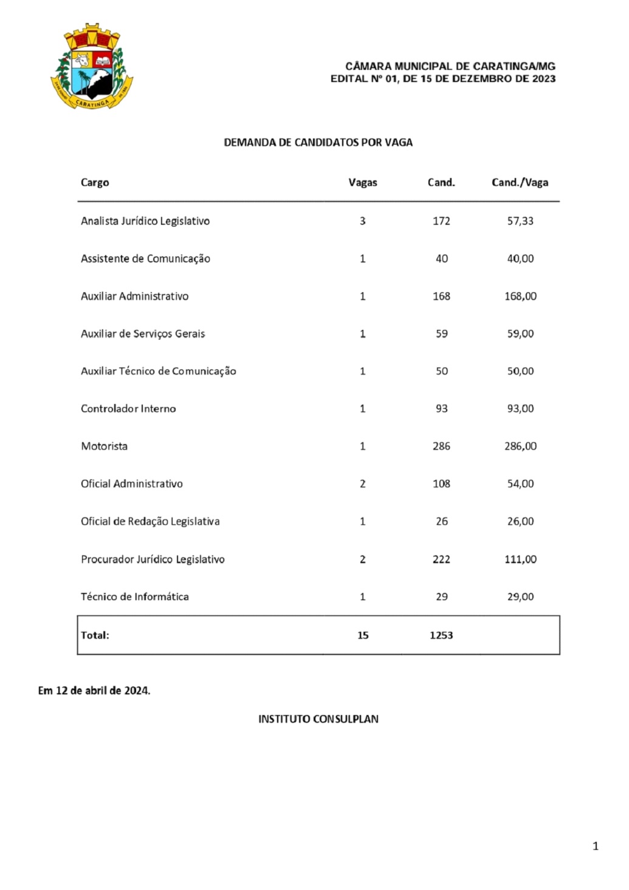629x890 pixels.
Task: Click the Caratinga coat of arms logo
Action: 92,67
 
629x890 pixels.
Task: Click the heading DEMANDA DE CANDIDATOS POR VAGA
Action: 318,143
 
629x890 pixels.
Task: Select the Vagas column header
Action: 363,183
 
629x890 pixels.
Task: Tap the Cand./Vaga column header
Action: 520,183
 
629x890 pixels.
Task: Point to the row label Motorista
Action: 105,447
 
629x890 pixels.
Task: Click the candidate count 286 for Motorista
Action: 441,447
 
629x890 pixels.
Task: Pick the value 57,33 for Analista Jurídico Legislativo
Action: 520,221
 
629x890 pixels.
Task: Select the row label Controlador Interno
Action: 128,409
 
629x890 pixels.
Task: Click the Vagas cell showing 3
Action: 363,221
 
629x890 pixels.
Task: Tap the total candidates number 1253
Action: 441,635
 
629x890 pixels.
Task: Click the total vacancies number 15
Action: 363,635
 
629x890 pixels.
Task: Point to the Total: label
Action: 95,635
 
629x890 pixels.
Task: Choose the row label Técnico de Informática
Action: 135,597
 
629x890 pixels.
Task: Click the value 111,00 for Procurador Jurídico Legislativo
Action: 520,560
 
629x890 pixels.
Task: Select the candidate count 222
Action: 441,560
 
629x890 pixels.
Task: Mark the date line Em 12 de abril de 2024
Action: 94,691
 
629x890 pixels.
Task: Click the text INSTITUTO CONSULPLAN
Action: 318,719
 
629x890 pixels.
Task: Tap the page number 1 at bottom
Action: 596,846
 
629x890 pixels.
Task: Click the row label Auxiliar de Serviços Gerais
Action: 143,334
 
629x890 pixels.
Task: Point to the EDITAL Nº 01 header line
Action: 442,79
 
